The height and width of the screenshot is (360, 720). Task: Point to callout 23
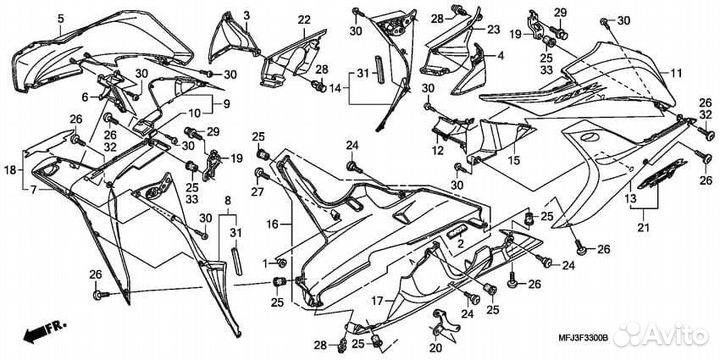pos(494,30)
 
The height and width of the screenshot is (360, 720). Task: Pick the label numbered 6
pos(85,96)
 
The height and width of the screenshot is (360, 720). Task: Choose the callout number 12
pos(437,150)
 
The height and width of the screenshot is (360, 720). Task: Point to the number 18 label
pos(11,171)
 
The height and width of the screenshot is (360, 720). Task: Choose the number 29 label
pos(211,131)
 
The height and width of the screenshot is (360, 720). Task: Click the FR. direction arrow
pos(39,326)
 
